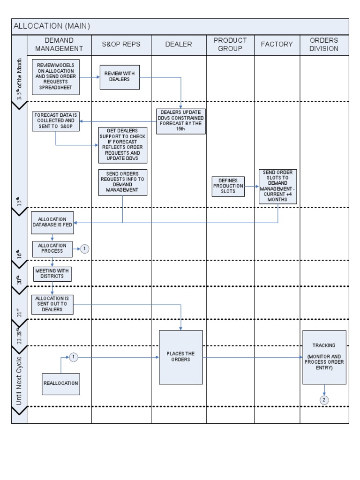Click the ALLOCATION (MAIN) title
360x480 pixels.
52,26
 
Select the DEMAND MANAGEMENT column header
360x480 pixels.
59,45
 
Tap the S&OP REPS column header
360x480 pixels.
121,45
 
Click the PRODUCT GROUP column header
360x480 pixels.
230,45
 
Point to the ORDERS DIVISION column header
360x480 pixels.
324,45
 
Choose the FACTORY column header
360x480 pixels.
277,45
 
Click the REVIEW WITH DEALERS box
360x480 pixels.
120,76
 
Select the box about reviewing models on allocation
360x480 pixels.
56,77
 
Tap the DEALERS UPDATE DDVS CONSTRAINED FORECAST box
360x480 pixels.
181,121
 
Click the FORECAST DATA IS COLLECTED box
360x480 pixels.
56,121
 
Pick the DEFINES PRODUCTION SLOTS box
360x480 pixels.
228,186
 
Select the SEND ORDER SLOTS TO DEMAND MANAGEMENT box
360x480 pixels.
278,187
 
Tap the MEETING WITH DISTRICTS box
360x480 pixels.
52,273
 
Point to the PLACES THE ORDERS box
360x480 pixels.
181,357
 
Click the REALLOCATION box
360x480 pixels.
60,383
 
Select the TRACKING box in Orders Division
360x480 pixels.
324,357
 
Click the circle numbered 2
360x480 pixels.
324,400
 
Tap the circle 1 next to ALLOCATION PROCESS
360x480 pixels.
84,249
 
